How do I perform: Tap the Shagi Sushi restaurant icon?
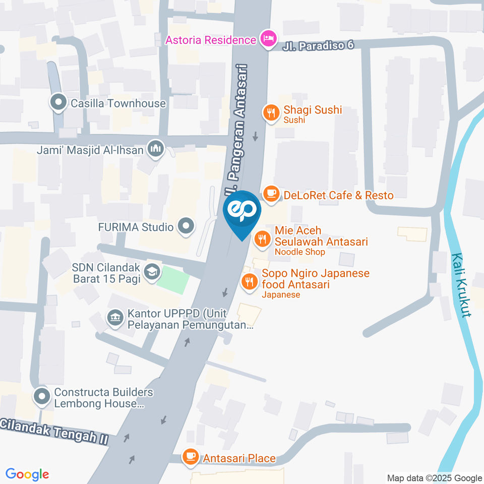pyautogui.click(x=272, y=113)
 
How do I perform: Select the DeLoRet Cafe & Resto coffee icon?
pyautogui.click(x=271, y=194)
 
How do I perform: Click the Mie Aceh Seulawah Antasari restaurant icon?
pyautogui.click(x=261, y=238)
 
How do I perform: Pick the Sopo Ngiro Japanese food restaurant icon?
pyautogui.click(x=249, y=281)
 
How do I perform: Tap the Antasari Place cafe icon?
pyautogui.click(x=190, y=457)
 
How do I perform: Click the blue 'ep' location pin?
pyautogui.click(x=242, y=212)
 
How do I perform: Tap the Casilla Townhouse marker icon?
pyautogui.click(x=59, y=103)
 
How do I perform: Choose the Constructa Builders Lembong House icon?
pyautogui.click(x=42, y=396)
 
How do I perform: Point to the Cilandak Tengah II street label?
pyautogui.click(x=54, y=431)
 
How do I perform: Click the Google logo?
pyautogui.click(x=27, y=474)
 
